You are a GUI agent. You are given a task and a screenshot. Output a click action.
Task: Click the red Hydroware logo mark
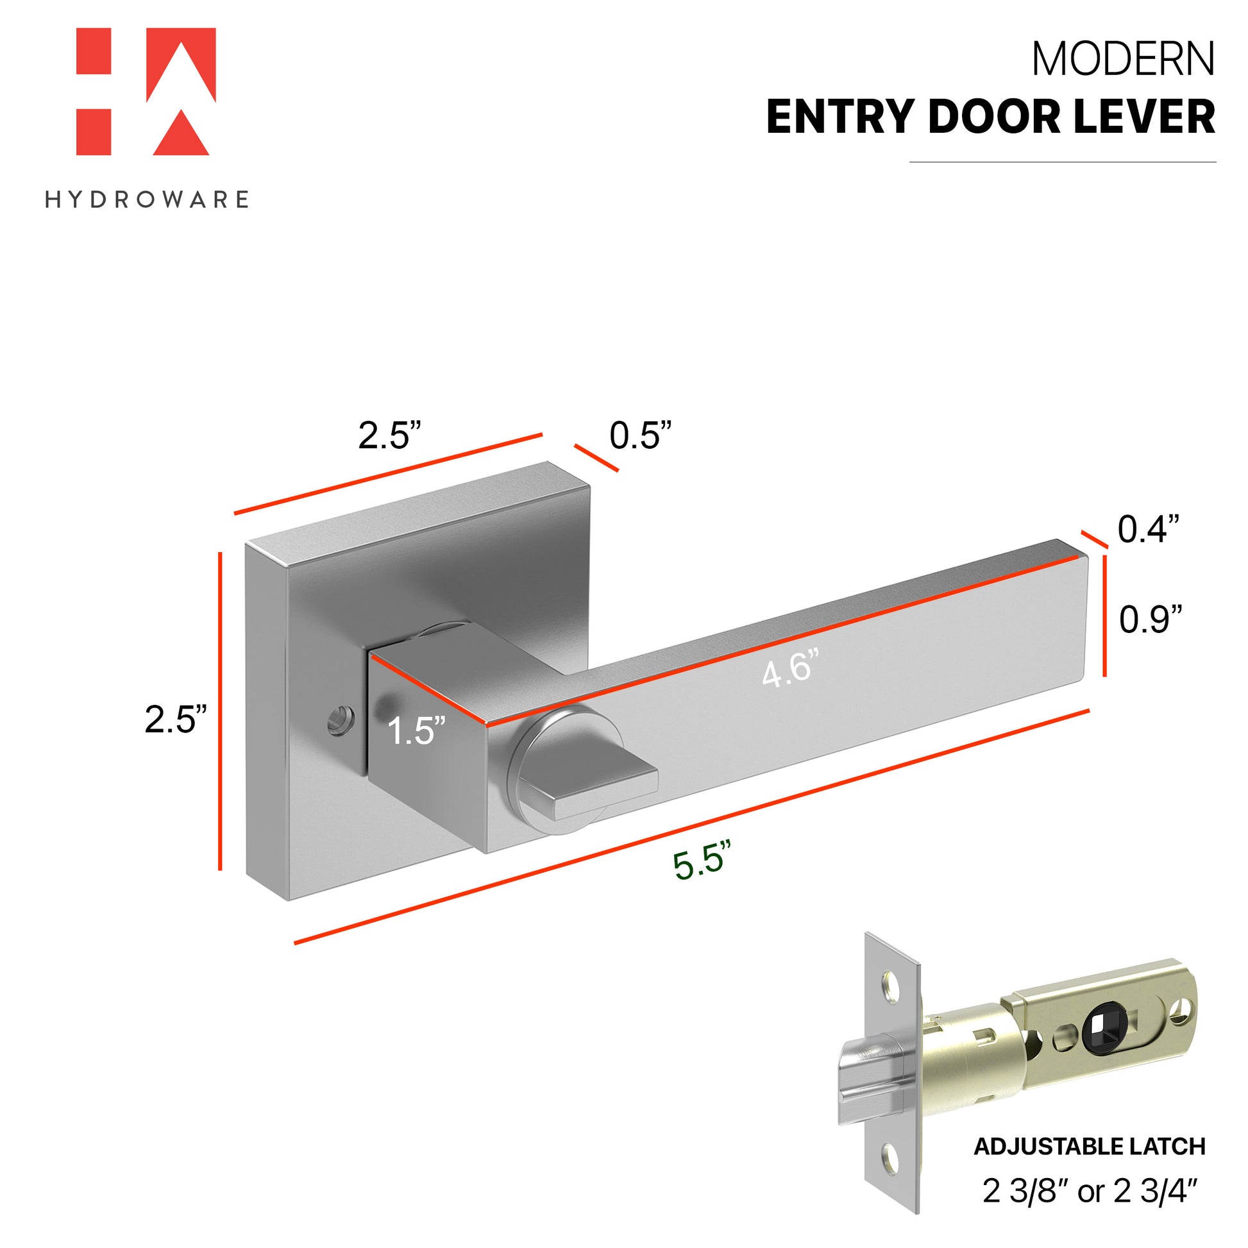[x=146, y=92]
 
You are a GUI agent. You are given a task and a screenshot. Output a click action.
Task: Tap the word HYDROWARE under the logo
[x=148, y=199]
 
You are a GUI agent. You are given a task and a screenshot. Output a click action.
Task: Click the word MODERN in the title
[x=1124, y=60]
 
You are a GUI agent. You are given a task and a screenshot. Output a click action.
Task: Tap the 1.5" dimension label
[x=417, y=731]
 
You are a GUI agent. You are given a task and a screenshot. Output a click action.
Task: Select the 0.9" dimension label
[x=1151, y=620]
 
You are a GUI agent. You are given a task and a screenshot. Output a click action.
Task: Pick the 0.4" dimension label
[x=1149, y=529]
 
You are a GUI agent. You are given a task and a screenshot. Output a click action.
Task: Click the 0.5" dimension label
[x=641, y=435]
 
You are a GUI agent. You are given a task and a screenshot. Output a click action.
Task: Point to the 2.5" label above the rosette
[x=389, y=435]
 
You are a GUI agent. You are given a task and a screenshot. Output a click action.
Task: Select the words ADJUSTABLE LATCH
[x=1090, y=1147]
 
